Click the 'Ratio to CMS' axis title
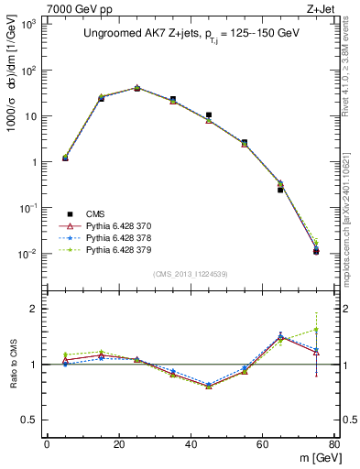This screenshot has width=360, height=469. click(12, 365)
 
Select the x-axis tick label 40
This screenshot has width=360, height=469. click(191, 444)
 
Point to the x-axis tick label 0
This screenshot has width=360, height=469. click(48, 444)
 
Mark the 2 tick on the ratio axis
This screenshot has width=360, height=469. click(33, 309)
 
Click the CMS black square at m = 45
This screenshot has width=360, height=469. click(209, 115)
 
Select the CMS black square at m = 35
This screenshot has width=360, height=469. click(173, 99)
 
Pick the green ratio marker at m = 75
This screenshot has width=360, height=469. click(316, 330)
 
